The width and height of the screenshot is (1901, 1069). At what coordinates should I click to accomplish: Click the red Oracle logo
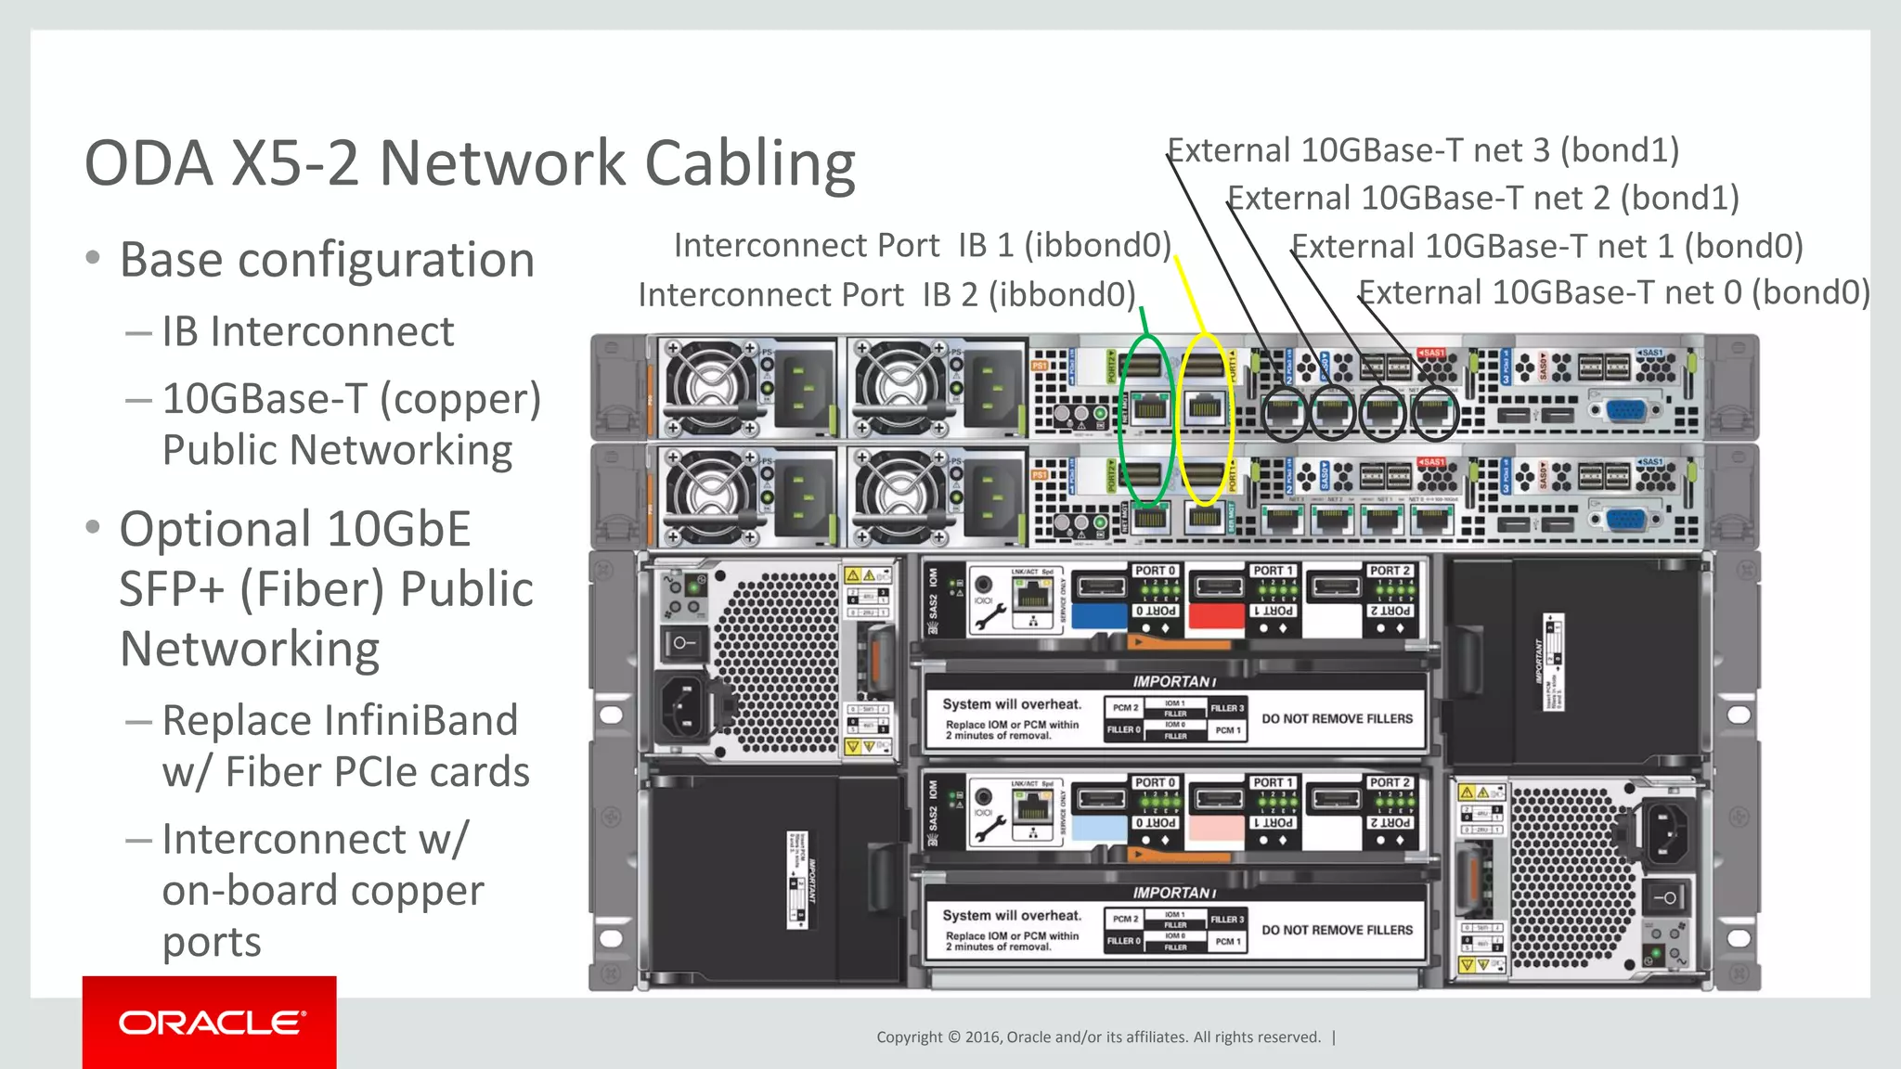tap(210, 1022)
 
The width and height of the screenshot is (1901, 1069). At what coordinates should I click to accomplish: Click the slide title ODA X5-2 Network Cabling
tap(470, 163)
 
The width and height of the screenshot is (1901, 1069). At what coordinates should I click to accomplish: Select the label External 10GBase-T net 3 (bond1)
tap(1423, 150)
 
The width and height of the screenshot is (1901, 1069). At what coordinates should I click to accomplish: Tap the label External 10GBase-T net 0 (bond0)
tap(1614, 292)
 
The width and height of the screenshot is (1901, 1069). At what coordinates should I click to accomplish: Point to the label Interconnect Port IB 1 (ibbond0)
tap(922, 245)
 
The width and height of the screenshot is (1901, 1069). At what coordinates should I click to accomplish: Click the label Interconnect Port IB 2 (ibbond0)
tap(886, 294)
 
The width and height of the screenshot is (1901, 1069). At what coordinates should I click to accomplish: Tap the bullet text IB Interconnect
tap(307, 331)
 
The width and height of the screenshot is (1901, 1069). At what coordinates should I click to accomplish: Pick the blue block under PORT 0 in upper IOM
tap(1099, 615)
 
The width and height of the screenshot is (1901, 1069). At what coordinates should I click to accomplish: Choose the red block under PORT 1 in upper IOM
tap(1216, 615)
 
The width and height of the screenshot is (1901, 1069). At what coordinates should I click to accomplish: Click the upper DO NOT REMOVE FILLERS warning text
tap(1337, 718)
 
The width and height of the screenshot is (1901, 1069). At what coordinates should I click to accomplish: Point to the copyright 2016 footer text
tap(1098, 1037)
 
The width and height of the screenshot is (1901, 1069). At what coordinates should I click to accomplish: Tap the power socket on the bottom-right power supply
tap(1665, 831)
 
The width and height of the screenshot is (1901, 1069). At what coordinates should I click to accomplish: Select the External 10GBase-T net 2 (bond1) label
tap(1483, 199)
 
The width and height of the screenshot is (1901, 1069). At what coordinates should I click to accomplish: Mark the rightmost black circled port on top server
tap(1434, 413)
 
